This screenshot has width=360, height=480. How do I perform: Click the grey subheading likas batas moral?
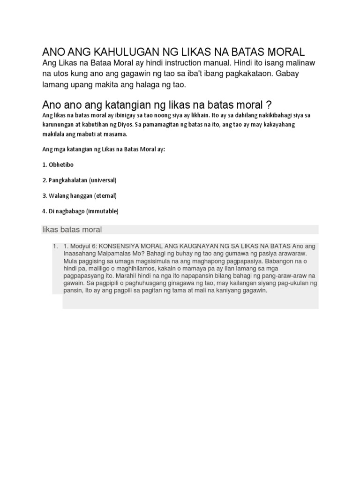tap(72, 230)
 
